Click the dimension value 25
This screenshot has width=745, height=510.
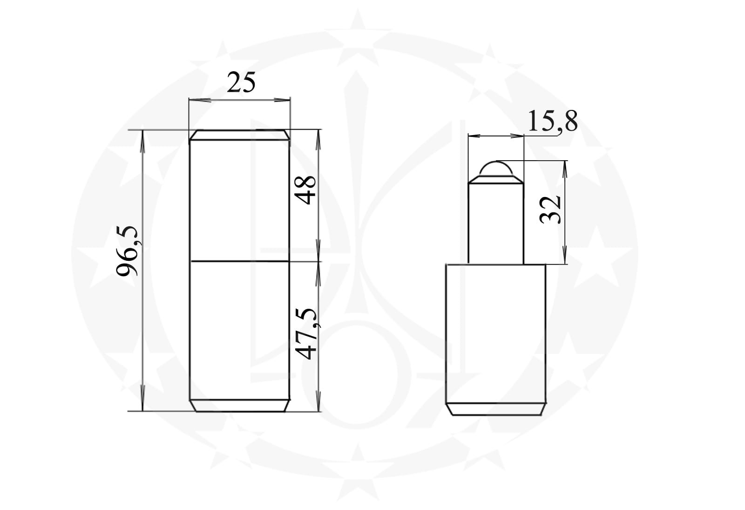pos(241,82)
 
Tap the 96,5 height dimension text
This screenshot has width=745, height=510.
pos(128,251)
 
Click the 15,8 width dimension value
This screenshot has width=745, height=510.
pos(552,122)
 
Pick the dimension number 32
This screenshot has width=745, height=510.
pos(550,210)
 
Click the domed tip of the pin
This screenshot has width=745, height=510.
pos(496,168)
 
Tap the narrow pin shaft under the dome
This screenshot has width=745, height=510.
pos(496,223)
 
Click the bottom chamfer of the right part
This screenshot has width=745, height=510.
pos(496,409)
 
